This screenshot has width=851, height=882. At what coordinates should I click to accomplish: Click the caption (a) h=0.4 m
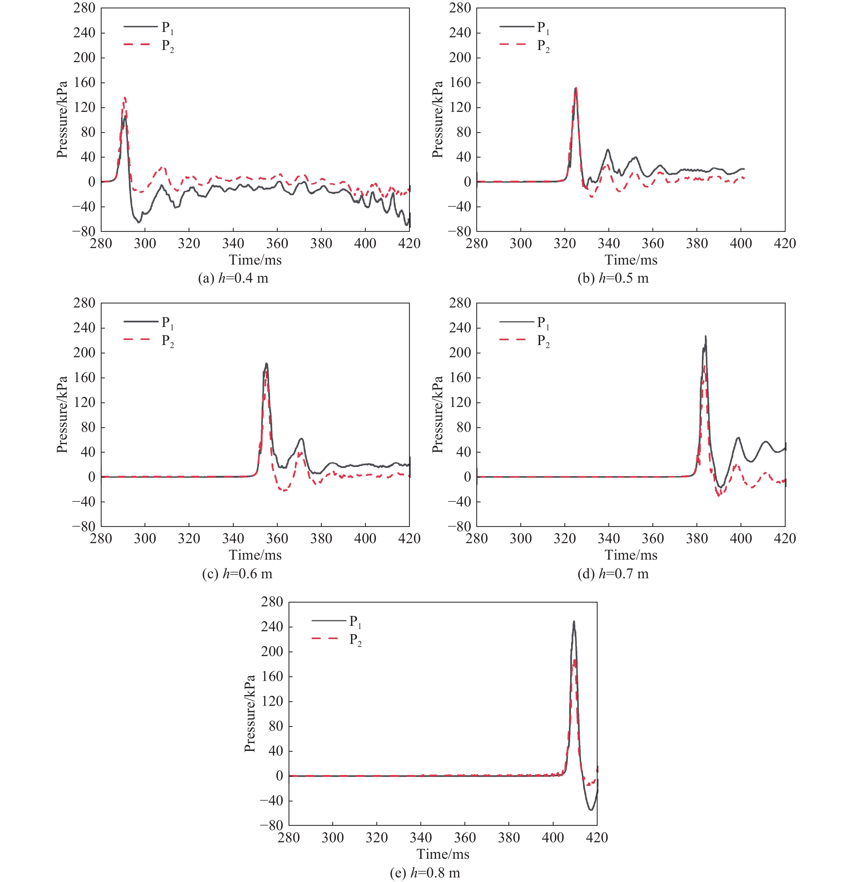[x=233, y=278]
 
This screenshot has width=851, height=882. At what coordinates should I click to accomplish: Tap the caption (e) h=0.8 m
[x=425, y=873]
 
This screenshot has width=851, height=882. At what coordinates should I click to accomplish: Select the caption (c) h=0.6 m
[x=237, y=574]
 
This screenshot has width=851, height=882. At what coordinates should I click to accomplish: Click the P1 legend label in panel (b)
[x=543, y=28]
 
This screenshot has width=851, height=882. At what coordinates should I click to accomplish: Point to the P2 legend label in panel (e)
[x=355, y=640]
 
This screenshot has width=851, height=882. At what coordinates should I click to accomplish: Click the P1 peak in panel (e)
[x=574, y=622]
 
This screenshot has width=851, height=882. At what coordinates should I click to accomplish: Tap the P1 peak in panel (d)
[x=706, y=336]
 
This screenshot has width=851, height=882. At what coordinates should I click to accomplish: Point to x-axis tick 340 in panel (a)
[x=233, y=243]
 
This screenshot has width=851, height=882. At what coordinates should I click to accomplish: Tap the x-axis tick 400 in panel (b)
[x=741, y=243]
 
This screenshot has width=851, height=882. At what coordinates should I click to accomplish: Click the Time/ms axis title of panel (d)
[x=631, y=555]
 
